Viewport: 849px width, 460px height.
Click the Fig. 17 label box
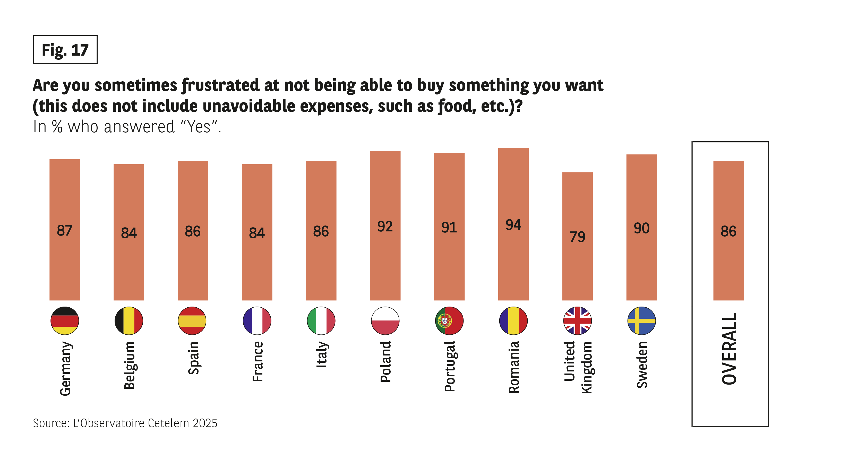pos(65,50)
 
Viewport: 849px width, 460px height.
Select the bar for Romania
pos(513,224)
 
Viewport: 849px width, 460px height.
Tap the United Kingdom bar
pos(577,236)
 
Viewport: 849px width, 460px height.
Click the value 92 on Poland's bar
pos(385,226)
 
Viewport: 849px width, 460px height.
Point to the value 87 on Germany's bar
pos(65,230)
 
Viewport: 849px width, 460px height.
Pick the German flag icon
pos(65,321)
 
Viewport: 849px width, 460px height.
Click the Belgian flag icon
pos(129,321)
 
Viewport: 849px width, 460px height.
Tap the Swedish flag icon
pos(641,321)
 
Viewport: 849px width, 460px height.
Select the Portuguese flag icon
pos(449,321)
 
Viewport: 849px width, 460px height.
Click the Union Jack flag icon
pos(577,321)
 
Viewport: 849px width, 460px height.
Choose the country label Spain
pos(193,358)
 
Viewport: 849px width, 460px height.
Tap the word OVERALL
pos(729,349)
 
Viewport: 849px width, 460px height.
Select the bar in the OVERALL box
pos(728,231)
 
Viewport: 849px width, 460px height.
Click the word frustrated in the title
pos(221,86)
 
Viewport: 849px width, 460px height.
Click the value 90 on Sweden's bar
pos(641,228)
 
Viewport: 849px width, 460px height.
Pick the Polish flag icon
pos(385,321)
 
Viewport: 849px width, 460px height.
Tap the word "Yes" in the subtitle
pos(198,127)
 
